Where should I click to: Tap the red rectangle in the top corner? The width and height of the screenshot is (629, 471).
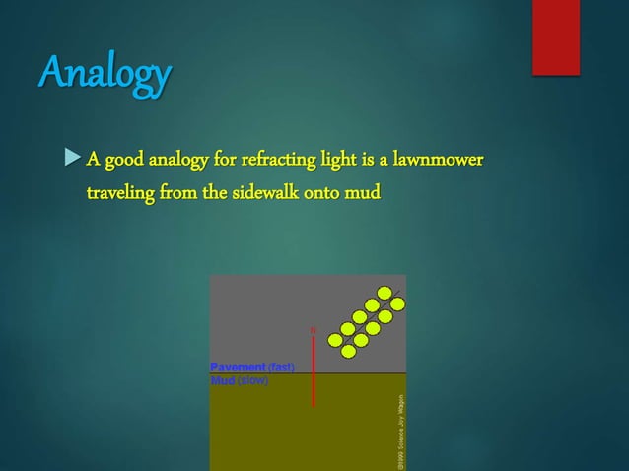coord(556,35)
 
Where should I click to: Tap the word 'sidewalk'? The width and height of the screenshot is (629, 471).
coord(274,190)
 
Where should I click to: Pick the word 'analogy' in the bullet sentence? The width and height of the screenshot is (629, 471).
coord(174,159)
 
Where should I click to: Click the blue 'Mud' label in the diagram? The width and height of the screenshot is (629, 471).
coord(222,379)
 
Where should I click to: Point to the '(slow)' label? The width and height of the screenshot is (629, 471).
coord(252,379)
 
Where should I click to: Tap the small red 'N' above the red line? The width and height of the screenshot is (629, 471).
coord(314,329)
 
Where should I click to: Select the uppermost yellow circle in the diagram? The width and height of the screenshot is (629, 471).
coord(384,293)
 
